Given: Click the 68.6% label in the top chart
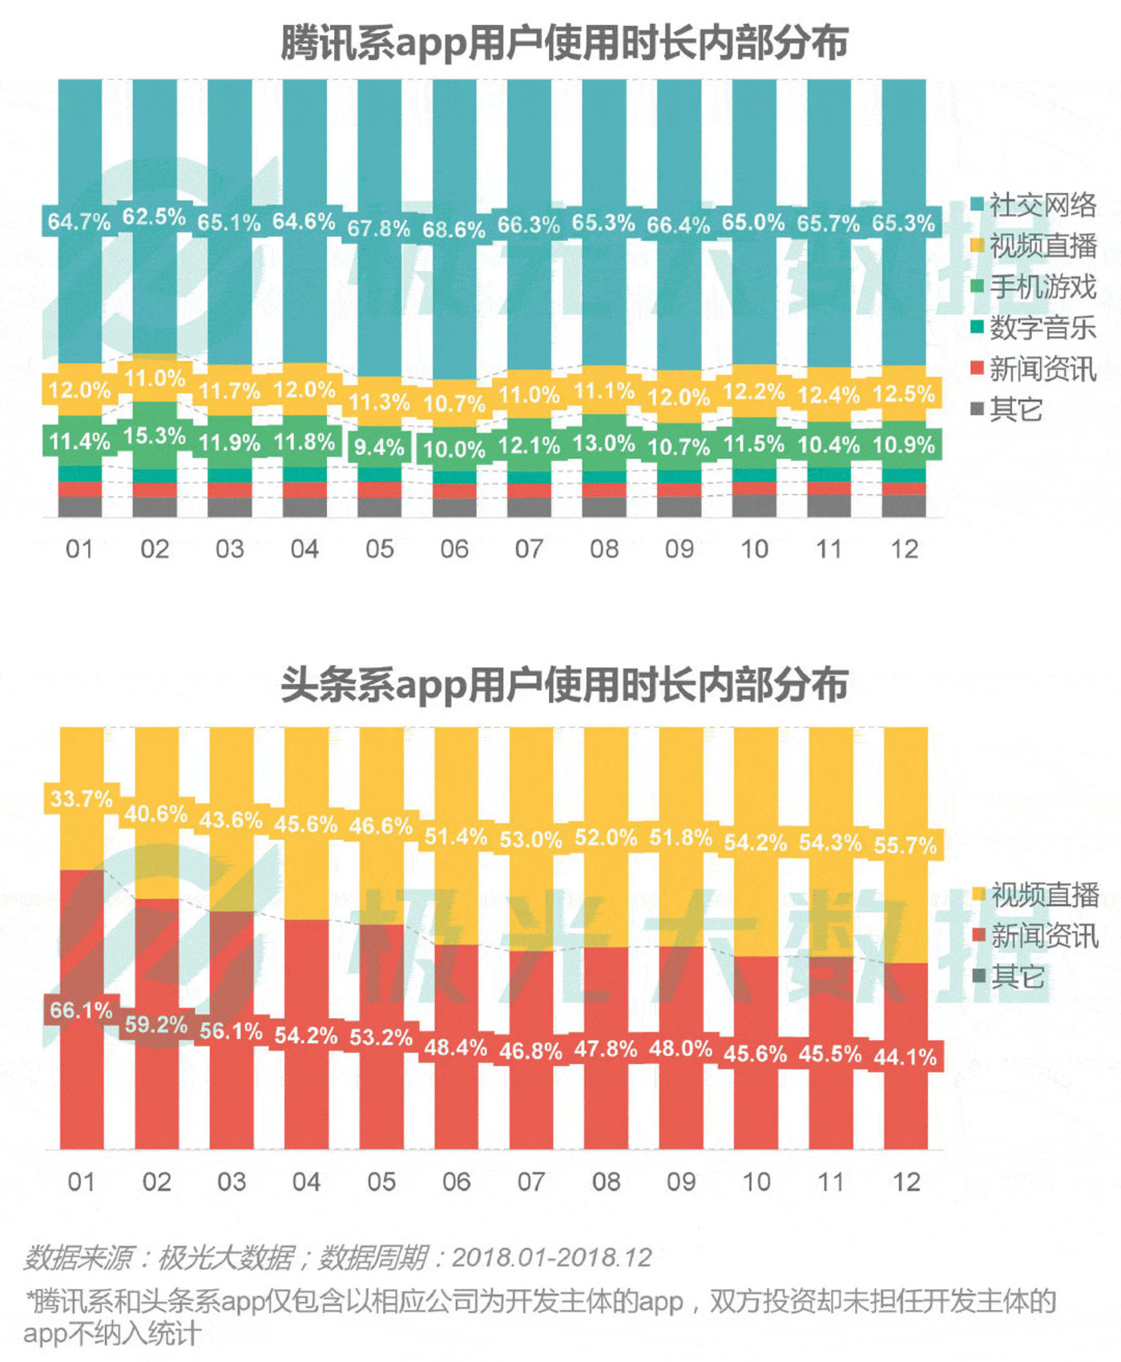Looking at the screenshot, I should click(x=454, y=230).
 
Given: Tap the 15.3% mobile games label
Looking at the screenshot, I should click(x=154, y=436).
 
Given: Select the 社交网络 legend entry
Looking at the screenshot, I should click(x=1033, y=205).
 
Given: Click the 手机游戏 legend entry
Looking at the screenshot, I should click(x=1033, y=287).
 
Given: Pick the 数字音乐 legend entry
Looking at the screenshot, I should click(x=1033, y=328).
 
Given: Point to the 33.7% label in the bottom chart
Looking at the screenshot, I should click(x=81, y=799).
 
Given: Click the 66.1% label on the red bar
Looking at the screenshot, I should click(x=81, y=1010).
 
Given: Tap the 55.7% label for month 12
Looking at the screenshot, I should click(x=905, y=845).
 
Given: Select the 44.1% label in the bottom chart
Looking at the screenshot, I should click(x=905, y=1057).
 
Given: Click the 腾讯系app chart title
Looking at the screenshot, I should click(x=563, y=43).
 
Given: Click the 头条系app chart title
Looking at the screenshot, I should click(x=563, y=685).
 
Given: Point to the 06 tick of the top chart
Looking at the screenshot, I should click(x=454, y=550).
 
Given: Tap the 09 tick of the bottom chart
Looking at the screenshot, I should click(x=681, y=1182).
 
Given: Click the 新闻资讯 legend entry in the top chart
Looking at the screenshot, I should click(x=1033, y=369).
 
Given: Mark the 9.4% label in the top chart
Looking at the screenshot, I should click(x=379, y=447).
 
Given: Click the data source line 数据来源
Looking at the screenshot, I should click(x=337, y=1258).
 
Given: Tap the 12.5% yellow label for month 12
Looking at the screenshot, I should click(x=904, y=394).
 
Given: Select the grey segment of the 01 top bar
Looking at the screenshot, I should click(x=80, y=507).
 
